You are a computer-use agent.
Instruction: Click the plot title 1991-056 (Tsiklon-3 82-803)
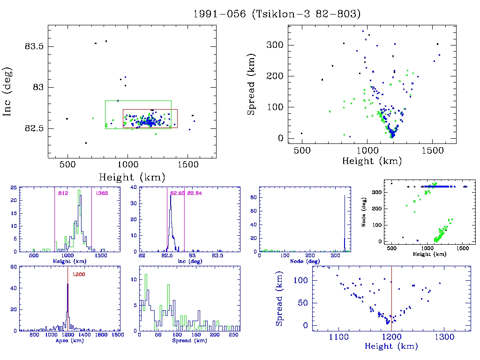tap(277, 14)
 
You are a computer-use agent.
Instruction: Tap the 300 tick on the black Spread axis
tap(276, 45)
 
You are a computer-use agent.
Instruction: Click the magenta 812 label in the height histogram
tap(63, 193)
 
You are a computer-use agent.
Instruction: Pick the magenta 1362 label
tap(100, 193)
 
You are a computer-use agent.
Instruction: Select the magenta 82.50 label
tap(177, 193)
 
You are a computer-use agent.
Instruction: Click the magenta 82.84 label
tap(194, 193)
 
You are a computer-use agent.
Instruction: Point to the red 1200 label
tap(78, 274)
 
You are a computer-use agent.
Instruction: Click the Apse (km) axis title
tap(67, 341)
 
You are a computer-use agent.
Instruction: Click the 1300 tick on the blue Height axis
tap(444, 337)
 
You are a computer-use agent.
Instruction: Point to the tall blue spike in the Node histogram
tap(345, 220)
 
